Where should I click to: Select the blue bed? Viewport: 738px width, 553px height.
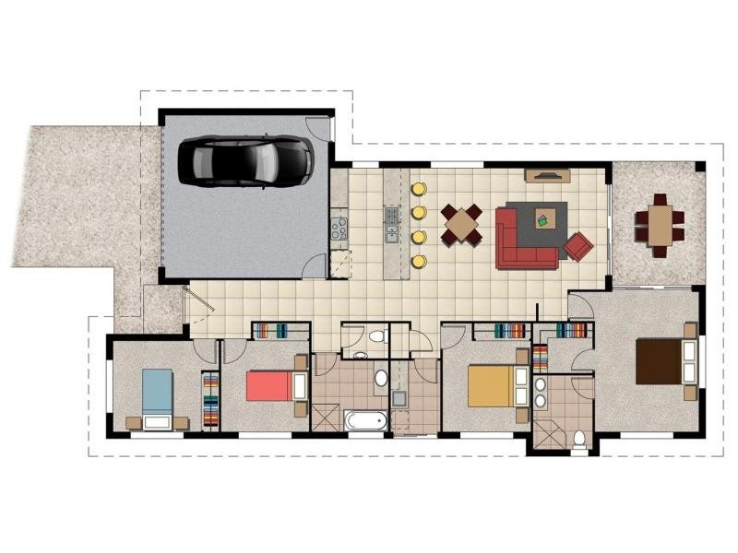point(158,395)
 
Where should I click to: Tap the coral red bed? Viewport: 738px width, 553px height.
point(274,383)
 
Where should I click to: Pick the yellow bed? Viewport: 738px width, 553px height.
point(492,386)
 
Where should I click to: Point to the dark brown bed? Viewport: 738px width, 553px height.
point(662,360)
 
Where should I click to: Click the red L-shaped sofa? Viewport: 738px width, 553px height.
point(521,241)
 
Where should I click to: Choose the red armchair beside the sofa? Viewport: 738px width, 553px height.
point(578,246)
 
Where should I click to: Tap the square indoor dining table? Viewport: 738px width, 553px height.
point(461,224)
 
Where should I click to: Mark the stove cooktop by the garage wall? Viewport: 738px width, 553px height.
point(339,227)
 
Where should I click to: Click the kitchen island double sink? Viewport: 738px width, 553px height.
point(391,220)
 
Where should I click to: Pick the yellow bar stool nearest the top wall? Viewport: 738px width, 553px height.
point(418,190)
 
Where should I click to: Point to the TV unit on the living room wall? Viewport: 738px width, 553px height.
point(545,174)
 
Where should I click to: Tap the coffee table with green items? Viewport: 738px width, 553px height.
point(544,218)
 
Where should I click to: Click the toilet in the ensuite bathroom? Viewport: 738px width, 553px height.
point(579,438)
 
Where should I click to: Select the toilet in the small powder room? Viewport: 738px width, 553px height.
point(375,337)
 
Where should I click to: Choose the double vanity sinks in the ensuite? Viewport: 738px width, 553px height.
point(541,390)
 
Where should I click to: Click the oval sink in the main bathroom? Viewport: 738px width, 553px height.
point(381,378)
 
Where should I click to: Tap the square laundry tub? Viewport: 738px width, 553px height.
point(399,399)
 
